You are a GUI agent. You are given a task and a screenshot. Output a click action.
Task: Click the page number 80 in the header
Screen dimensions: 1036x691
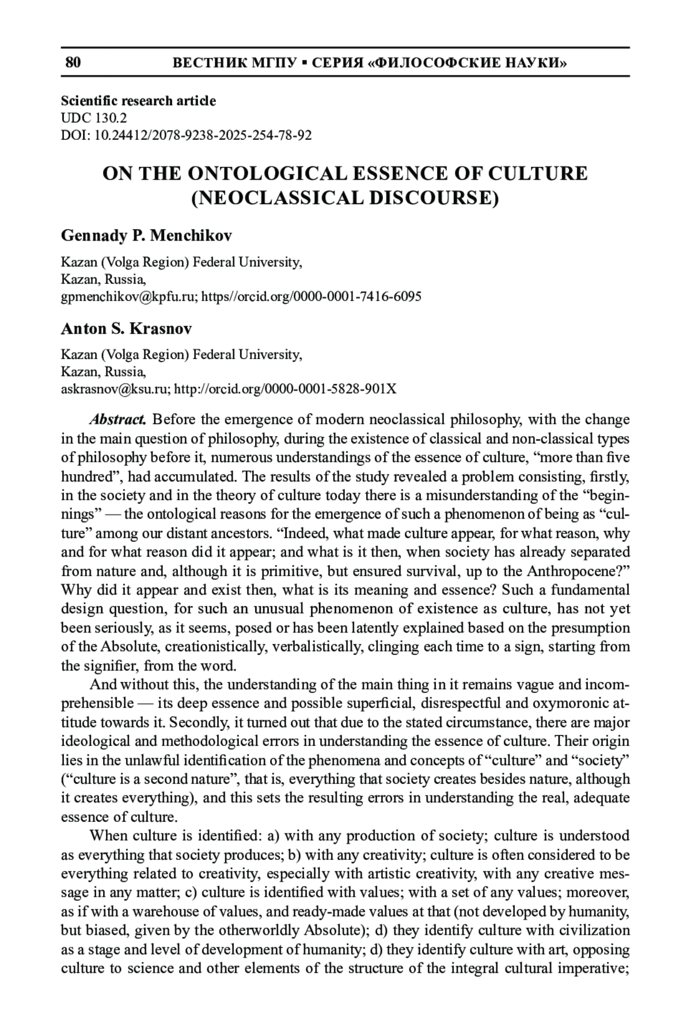pyautogui.click(x=73, y=63)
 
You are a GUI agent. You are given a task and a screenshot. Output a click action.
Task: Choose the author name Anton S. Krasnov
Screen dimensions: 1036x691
pyautogui.click(x=126, y=329)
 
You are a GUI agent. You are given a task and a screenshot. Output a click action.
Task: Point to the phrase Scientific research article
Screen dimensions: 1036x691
pyautogui.click(x=138, y=101)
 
